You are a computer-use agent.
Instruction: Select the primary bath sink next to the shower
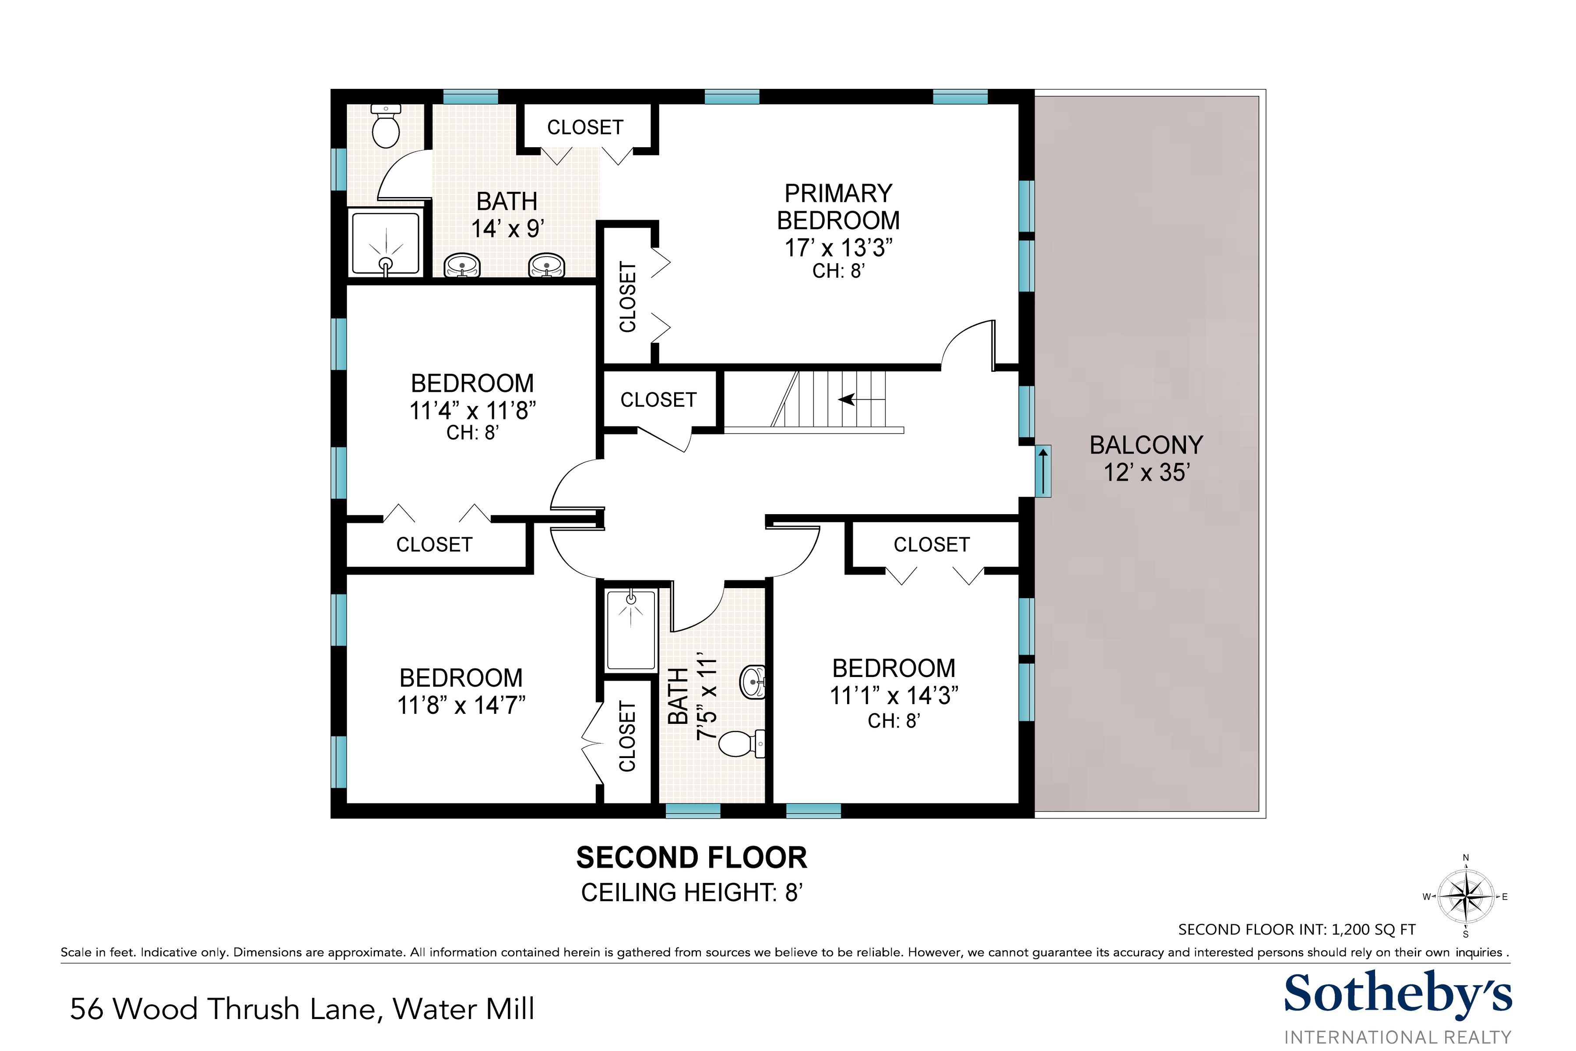tap(462, 265)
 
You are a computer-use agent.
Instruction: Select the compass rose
tap(1466, 896)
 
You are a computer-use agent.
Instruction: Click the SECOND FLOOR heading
tap(692, 858)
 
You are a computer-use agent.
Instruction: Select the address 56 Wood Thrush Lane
tap(302, 1009)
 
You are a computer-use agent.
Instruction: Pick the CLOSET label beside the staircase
tap(658, 400)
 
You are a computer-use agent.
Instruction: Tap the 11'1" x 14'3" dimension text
tap(894, 696)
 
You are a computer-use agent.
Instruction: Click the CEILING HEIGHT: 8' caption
tap(692, 893)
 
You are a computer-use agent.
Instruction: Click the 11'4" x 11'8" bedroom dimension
tap(472, 410)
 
